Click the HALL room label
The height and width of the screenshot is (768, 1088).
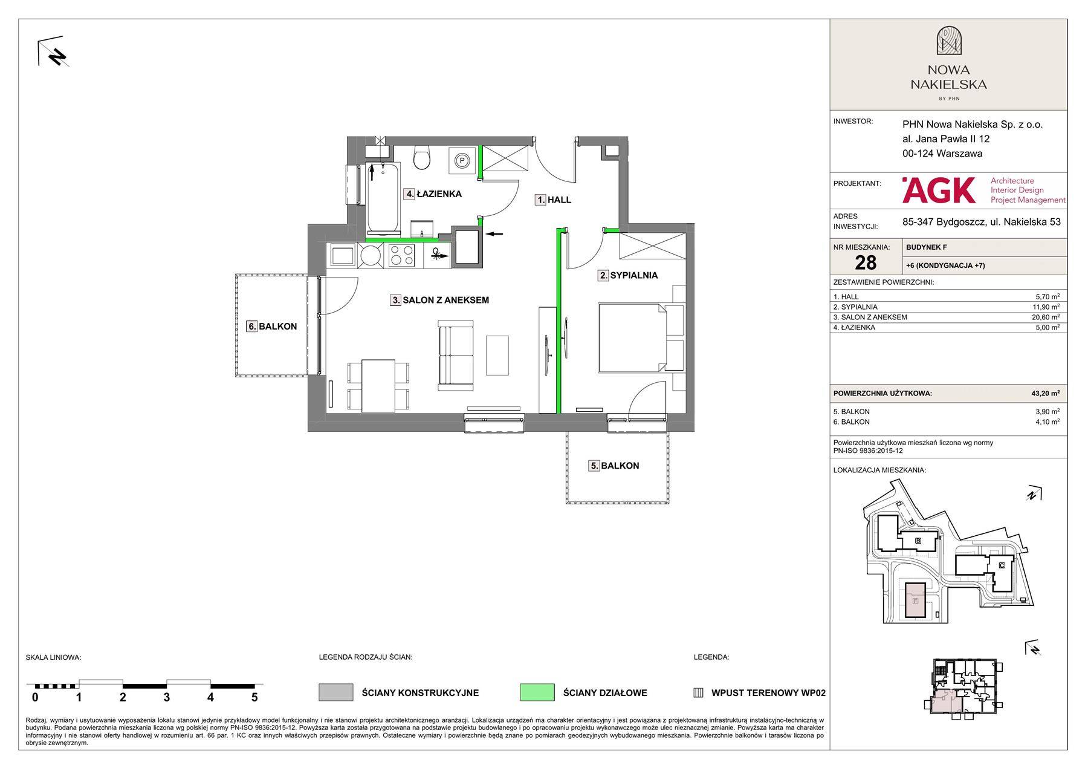(553, 200)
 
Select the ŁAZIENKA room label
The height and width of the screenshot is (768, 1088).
(433, 194)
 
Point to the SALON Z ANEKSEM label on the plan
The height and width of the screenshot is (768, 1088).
(439, 300)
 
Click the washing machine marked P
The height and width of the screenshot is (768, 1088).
(462, 160)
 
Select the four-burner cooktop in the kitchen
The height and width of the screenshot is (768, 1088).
(402, 255)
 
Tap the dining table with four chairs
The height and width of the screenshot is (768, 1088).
(378, 384)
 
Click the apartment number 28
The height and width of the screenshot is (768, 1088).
(866, 262)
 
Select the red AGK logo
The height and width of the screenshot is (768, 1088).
(938, 190)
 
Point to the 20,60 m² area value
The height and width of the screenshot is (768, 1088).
(1047, 317)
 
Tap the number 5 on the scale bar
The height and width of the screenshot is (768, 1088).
(254, 697)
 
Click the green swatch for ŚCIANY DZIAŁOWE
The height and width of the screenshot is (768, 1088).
(537, 692)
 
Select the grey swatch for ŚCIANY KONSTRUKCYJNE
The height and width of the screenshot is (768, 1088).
(335, 692)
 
